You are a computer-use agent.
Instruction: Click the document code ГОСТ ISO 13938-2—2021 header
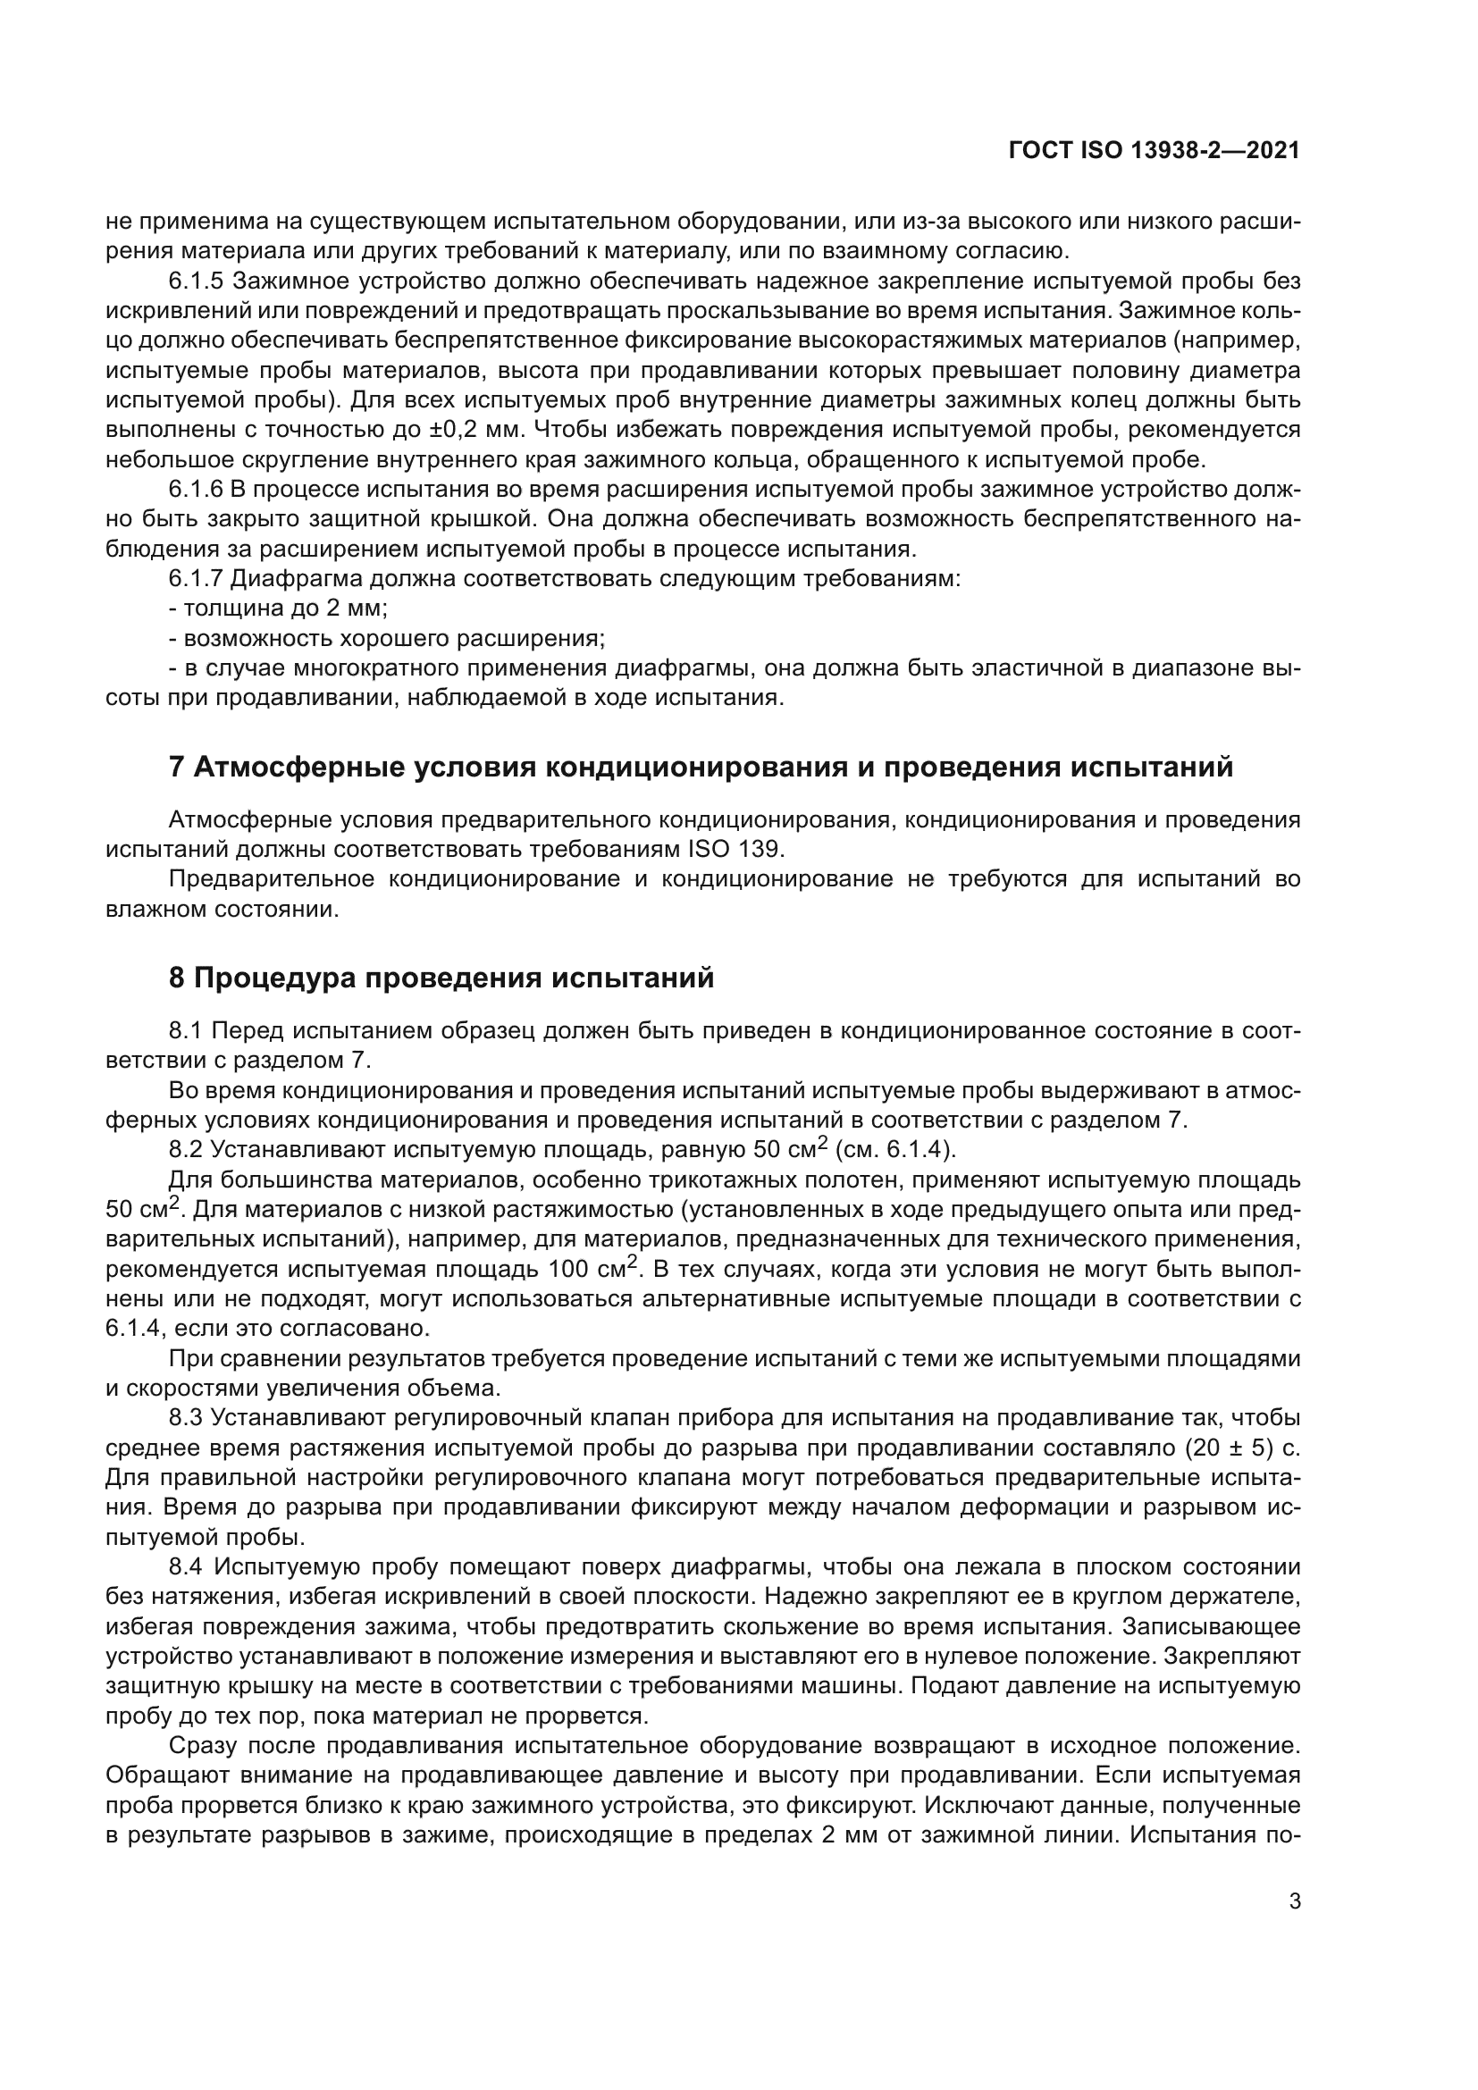click(1154, 151)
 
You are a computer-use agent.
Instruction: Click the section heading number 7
click(177, 767)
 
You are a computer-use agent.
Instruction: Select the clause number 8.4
click(188, 1566)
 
